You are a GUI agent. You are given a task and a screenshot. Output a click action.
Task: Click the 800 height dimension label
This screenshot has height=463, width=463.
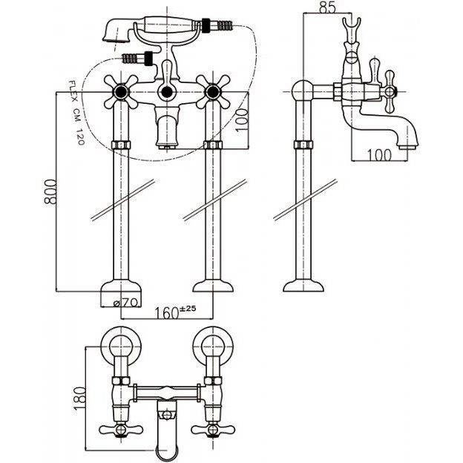coord(50,191)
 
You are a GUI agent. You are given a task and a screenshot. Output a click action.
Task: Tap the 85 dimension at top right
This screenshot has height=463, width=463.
coord(327,7)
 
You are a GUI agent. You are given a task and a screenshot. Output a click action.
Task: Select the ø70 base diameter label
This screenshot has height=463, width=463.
coord(126,303)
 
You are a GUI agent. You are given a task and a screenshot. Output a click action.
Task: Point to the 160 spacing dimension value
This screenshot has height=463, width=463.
coord(167,313)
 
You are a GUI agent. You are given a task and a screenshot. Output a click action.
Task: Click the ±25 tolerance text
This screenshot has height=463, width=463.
coord(188,309)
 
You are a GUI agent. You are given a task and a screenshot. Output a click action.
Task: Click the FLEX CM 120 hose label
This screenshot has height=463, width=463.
coord(76,113)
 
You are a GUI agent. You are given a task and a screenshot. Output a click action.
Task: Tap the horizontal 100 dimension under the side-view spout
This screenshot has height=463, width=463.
coord(380,155)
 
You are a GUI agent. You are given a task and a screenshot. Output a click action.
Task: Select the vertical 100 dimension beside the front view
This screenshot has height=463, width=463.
coord(242,120)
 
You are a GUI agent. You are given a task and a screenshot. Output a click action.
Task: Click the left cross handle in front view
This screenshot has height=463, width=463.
coord(121,92)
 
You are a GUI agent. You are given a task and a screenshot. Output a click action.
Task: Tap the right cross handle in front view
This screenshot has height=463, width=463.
coord(213,92)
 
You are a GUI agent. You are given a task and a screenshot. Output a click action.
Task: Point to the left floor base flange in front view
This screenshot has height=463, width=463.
coord(121,286)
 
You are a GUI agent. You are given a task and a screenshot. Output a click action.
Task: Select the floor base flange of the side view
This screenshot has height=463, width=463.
coord(303,286)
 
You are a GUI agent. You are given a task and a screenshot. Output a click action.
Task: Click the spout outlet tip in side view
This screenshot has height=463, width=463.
coord(409,146)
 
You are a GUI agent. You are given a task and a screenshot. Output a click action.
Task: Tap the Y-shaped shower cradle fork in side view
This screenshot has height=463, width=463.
coord(352,27)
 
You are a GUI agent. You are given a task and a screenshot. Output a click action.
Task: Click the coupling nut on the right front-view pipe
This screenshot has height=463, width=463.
coord(213,145)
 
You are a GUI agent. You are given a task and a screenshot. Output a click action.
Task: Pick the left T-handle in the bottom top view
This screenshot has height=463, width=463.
coord(121,430)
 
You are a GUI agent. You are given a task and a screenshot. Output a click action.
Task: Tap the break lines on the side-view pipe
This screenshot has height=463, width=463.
coord(305,200)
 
